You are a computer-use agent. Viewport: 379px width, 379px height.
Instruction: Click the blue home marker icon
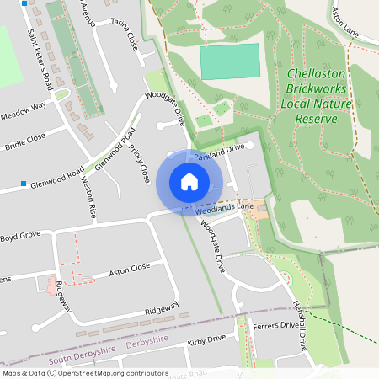(189, 182)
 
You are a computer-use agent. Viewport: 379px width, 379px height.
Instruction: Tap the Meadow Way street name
(23, 110)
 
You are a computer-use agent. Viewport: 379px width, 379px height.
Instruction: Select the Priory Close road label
(139, 163)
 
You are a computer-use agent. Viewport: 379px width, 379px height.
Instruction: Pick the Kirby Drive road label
(207, 339)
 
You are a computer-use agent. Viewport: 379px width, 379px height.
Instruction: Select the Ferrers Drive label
(275, 324)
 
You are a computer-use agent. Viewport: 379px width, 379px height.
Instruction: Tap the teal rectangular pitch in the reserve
(230, 61)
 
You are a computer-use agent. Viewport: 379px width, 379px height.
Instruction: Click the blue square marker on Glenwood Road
(24, 182)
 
